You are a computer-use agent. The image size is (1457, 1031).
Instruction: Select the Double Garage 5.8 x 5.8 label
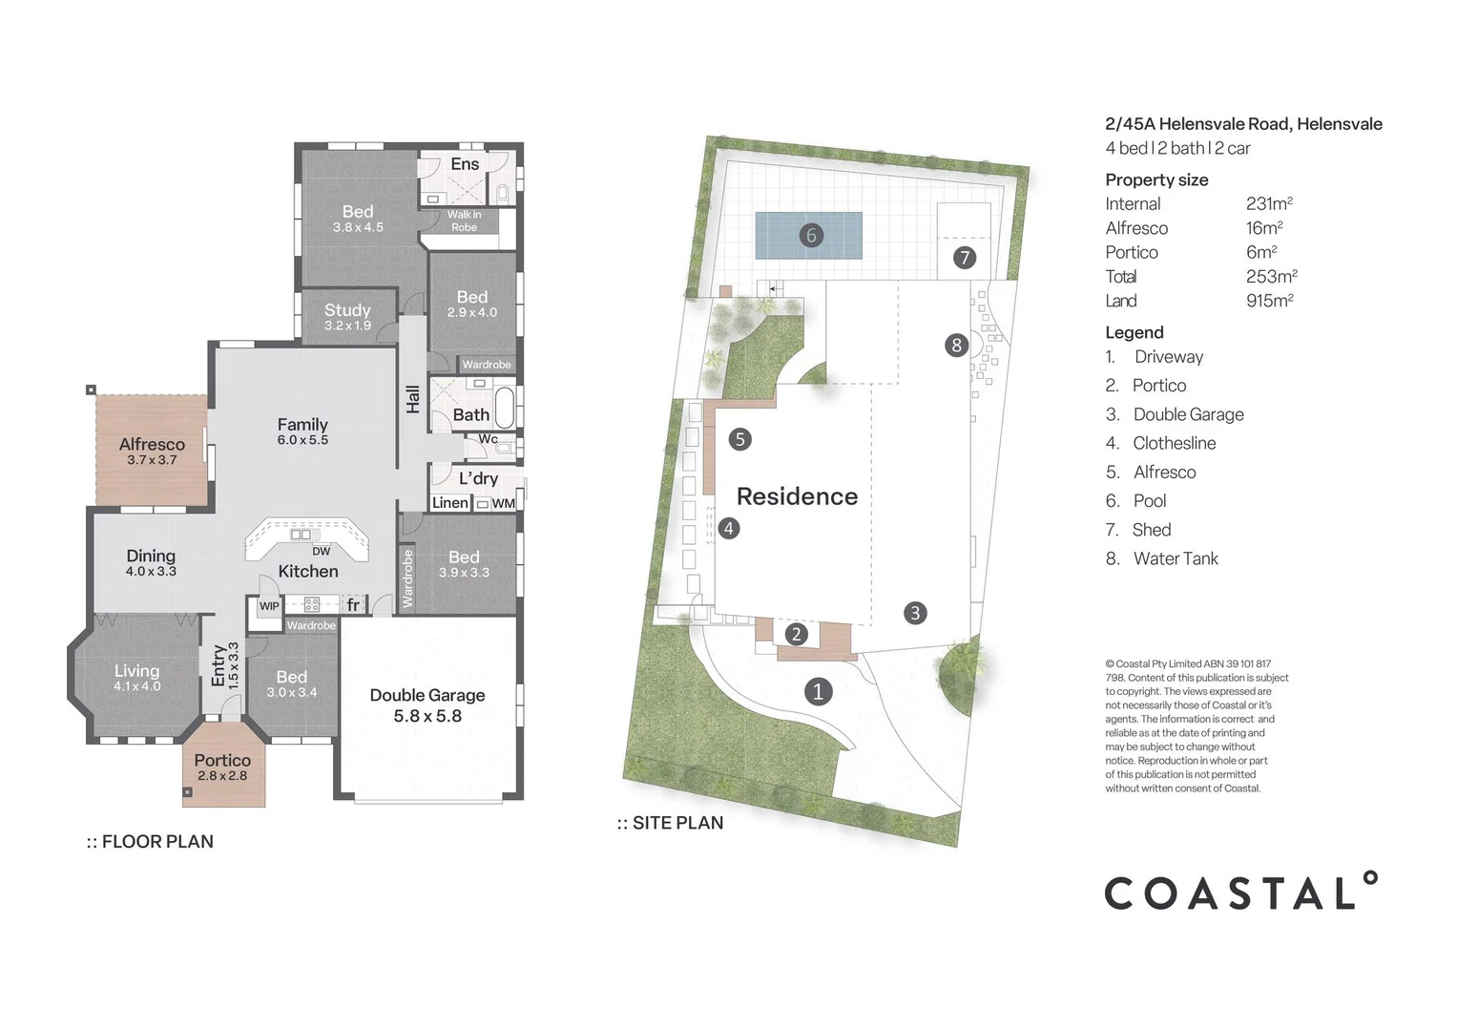pyautogui.click(x=427, y=705)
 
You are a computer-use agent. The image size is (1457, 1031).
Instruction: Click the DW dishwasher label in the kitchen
pyautogui.click(x=322, y=552)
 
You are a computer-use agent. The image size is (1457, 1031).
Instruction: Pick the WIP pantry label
pyautogui.click(x=269, y=606)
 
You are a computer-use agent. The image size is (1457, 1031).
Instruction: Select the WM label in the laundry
pyautogui.click(x=503, y=503)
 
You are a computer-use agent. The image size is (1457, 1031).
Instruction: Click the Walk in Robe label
pyautogui.click(x=464, y=221)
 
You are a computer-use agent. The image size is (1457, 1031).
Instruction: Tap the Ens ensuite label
pyautogui.click(x=465, y=164)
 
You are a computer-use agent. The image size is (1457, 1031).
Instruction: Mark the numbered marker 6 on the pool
pyautogui.click(x=811, y=235)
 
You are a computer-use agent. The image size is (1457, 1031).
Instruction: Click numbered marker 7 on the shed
pyautogui.click(x=965, y=258)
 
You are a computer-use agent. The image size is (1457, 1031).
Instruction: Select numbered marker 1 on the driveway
pyautogui.click(x=818, y=692)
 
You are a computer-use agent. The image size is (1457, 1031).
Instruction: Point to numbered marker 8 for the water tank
pyautogui.click(x=957, y=346)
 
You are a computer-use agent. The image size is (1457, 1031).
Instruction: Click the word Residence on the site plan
pyautogui.click(x=797, y=496)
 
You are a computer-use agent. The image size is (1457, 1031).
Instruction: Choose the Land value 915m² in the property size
pyautogui.click(x=1269, y=301)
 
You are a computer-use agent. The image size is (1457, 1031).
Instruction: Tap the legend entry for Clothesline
pyautogui.click(x=1174, y=443)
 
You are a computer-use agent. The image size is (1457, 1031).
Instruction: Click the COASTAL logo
pyautogui.click(x=1240, y=893)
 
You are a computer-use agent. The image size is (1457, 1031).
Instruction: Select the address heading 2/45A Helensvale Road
pyautogui.click(x=1242, y=124)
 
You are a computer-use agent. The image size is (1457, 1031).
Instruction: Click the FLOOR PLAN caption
pyautogui.click(x=150, y=842)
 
